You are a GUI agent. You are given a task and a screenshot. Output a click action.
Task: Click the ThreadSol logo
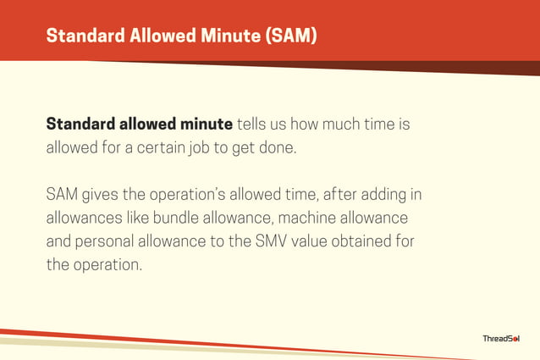click(x=501, y=339)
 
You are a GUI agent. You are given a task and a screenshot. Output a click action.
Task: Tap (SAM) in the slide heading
click(x=289, y=36)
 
